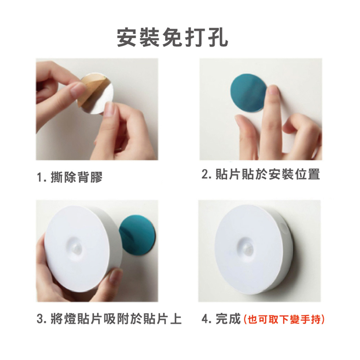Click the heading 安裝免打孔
pyautogui.click(x=172, y=38)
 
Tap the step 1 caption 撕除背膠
pyautogui.click(x=76, y=177)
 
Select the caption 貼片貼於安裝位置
pyautogui.click(x=267, y=174)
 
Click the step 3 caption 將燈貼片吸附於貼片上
pyautogui.click(x=116, y=319)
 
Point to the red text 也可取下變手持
pyautogui.click(x=284, y=319)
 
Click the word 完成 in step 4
pyautogui.click(x=228, y=319)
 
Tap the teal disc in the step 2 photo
pyautogui.click(x=249, y=93)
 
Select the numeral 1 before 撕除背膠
pyautogui.click(x=39, y=177)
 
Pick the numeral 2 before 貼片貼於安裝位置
pyautogui.click(x=205, y=174)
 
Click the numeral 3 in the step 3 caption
pyautogui.click(x=40, y=319)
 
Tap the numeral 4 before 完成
pyautogui.click(x=205, y=319)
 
